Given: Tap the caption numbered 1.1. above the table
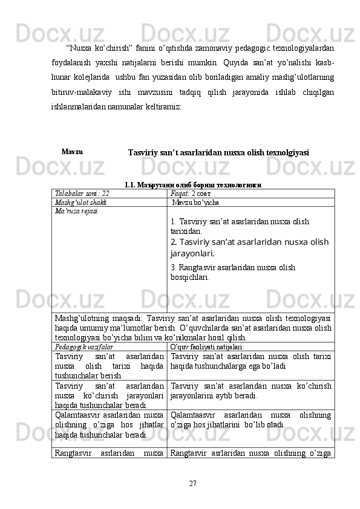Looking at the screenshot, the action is coord(192,184).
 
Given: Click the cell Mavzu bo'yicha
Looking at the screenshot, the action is coord(196,202).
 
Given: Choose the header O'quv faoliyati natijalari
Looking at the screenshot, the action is coord(208,348).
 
